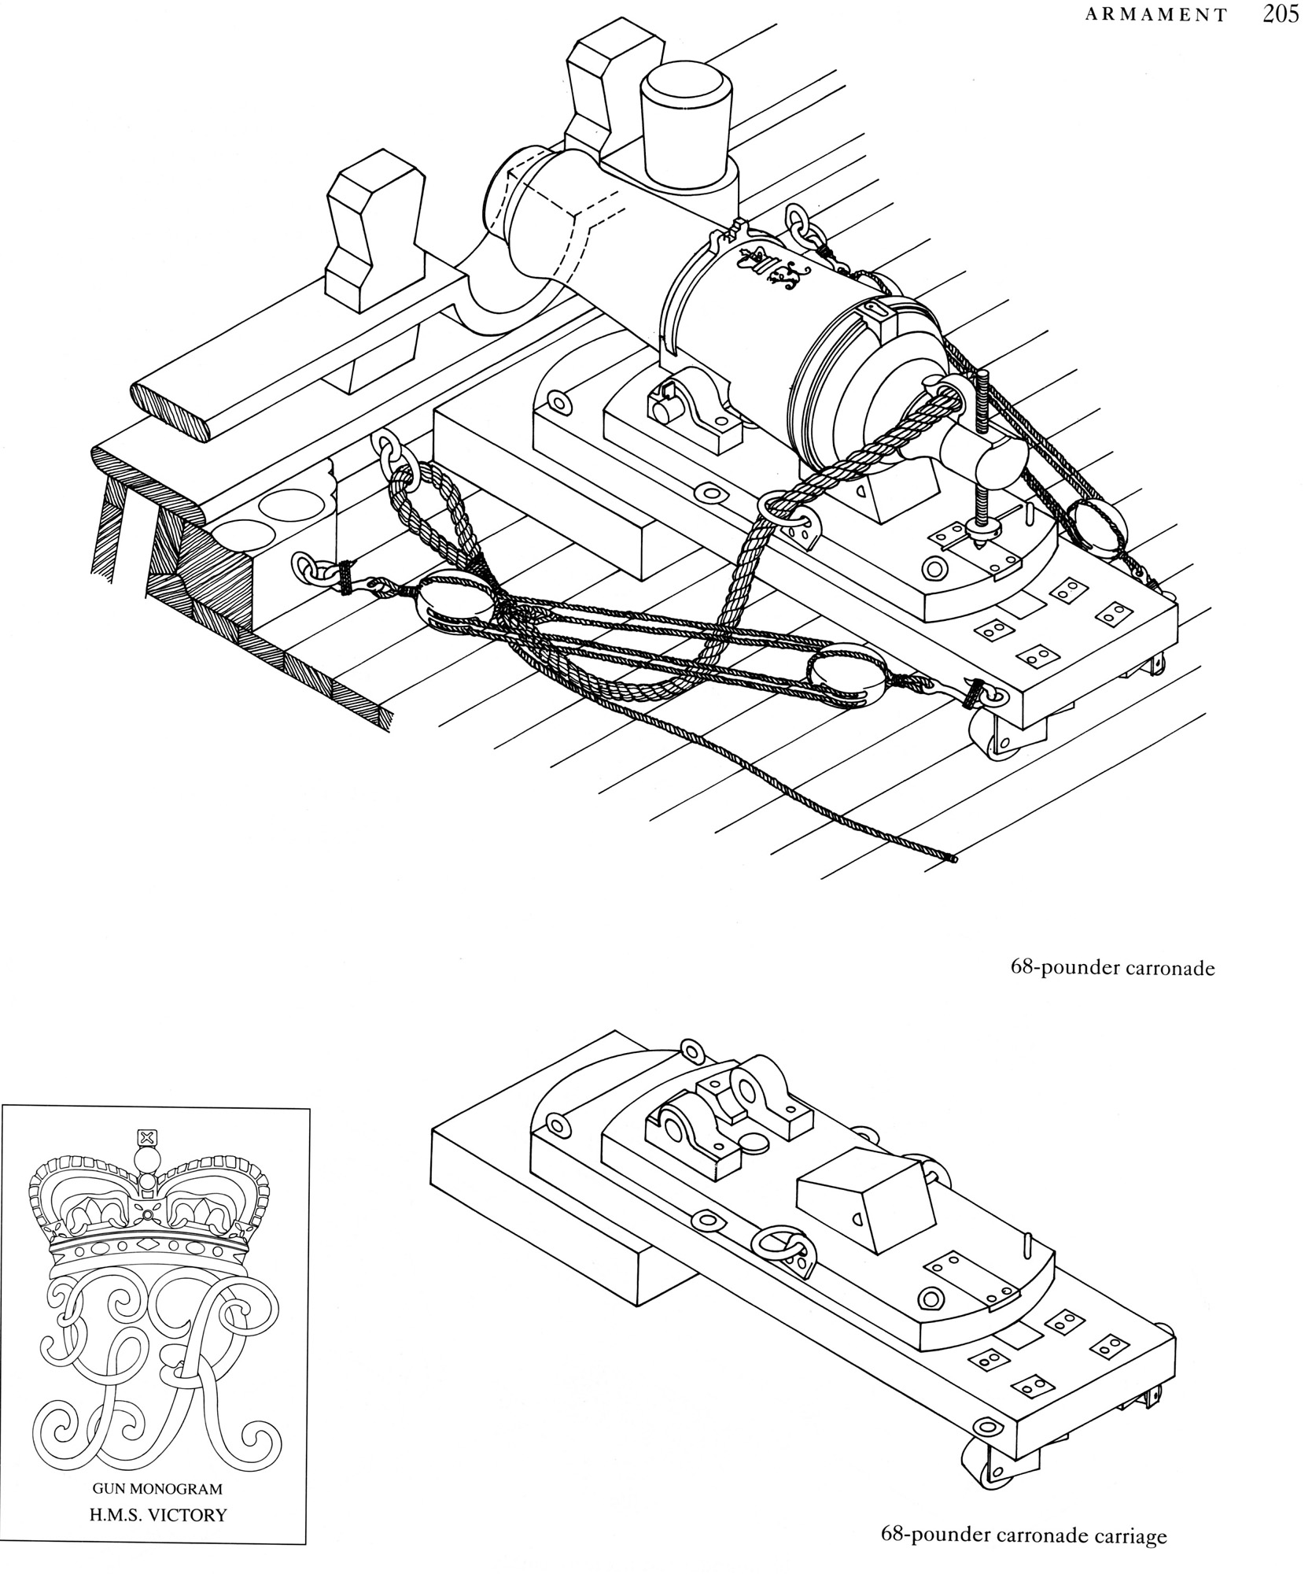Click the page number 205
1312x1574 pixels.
click(1281, 16)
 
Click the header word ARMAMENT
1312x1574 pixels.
click(1155, 16)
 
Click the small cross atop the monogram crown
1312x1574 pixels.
click(146, 1136)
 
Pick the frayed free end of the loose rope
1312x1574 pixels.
click(953, 859)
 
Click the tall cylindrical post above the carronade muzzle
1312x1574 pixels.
click(684, 126)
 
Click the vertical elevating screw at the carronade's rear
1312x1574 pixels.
click(982, 456)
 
